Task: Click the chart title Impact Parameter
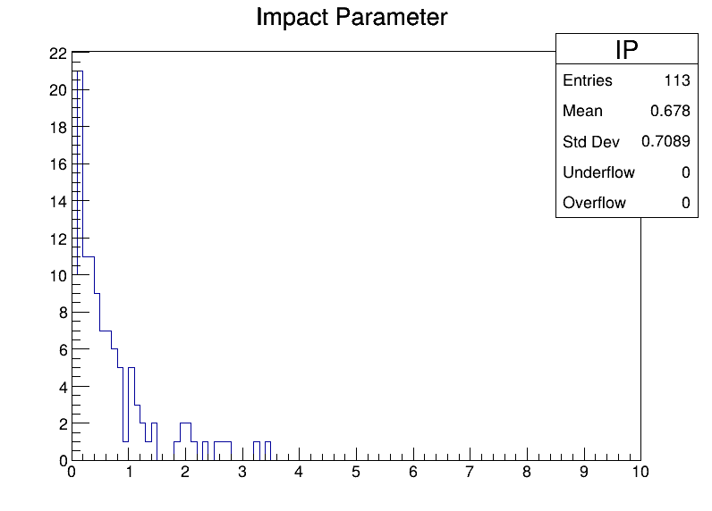352,18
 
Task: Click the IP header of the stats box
627,49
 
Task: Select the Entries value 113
677,80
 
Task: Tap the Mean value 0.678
670,111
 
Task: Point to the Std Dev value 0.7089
665,141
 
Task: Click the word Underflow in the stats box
598,172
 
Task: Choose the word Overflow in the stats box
594,203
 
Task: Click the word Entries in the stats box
588,80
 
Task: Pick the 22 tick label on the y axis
58,54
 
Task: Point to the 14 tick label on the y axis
58,202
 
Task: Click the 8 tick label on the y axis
63,313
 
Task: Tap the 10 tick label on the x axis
640,472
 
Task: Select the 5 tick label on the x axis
355,472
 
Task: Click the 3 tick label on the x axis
242,472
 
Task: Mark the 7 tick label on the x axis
470,472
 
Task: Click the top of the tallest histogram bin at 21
80,71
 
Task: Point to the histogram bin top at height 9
97,294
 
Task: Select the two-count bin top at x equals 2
185,423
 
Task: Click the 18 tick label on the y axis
58,128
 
